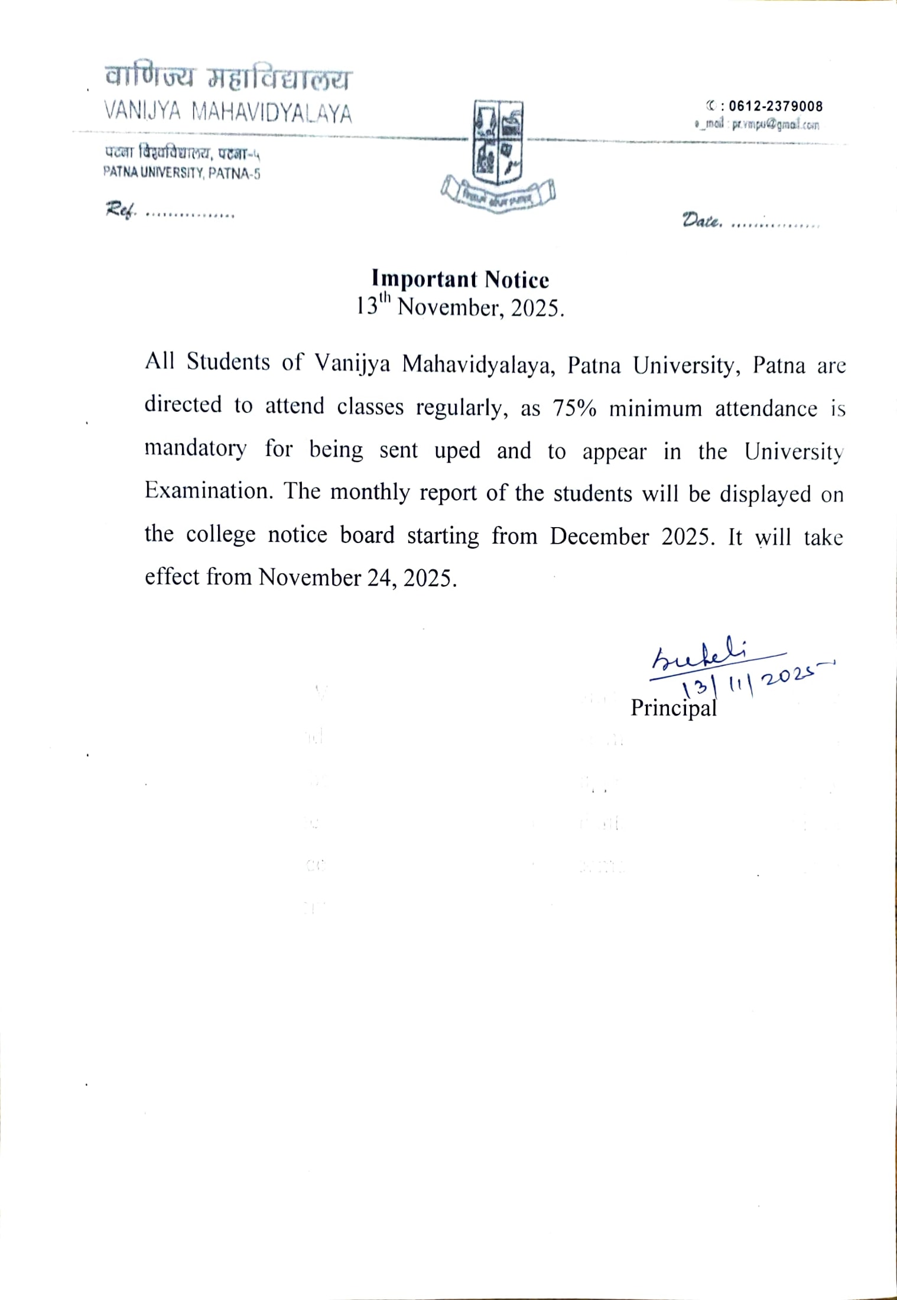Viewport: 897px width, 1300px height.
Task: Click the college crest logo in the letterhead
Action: [x=498, y=154]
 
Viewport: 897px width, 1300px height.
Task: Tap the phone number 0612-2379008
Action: [x=775, y=106]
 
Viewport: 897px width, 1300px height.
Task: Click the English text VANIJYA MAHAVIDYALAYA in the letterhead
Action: [x=227, y=113]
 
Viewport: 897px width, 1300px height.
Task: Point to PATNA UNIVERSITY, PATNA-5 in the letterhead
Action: [x=181, y=174]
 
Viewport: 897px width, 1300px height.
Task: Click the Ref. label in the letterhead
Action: [x=120, y=210]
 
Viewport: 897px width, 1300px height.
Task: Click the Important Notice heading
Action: [x=460, y=279]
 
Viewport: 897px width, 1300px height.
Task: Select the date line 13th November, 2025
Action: [x=460, y=307]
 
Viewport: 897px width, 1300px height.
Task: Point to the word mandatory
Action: [x=195, y=449]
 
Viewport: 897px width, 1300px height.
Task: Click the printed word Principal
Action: [x=673, y=708]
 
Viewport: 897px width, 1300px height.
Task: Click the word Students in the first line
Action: [x=228, y=362]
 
